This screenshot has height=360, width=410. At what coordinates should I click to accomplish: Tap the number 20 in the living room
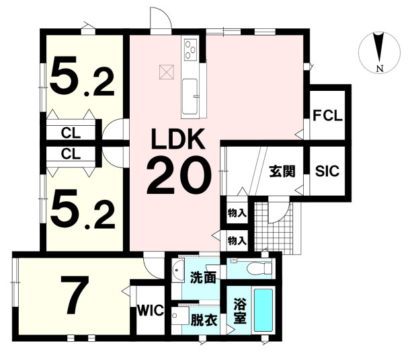tap(179, 175)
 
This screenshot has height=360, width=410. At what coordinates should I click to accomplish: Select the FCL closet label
tap(327, 116)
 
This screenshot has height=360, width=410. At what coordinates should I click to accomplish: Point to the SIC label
tap(327, 171)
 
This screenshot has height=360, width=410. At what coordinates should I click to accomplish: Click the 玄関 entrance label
tap(282, 172)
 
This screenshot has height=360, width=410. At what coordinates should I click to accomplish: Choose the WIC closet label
tap(151, 311)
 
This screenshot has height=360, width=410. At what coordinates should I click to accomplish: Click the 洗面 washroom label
tap(203, 278)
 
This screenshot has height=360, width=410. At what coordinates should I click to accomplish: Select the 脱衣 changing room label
tap(204, 320)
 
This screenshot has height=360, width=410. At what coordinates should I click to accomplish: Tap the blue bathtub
tap(263, 310)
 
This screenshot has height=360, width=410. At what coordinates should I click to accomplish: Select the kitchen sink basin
tap(190, 96)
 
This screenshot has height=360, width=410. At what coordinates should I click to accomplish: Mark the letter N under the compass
tap(380, 69)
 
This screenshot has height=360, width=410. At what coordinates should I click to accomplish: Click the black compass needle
tap(379, 48)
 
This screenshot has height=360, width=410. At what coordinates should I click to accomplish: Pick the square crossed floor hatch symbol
tap(167, 71)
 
